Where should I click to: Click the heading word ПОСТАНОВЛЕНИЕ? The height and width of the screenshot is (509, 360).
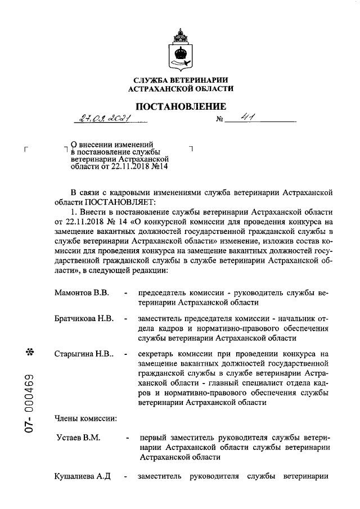181,107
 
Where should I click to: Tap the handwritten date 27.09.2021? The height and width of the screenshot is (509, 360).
105,118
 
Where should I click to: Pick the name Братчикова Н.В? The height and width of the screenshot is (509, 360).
84,318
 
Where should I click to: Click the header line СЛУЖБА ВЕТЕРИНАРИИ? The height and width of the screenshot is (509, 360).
181,80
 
